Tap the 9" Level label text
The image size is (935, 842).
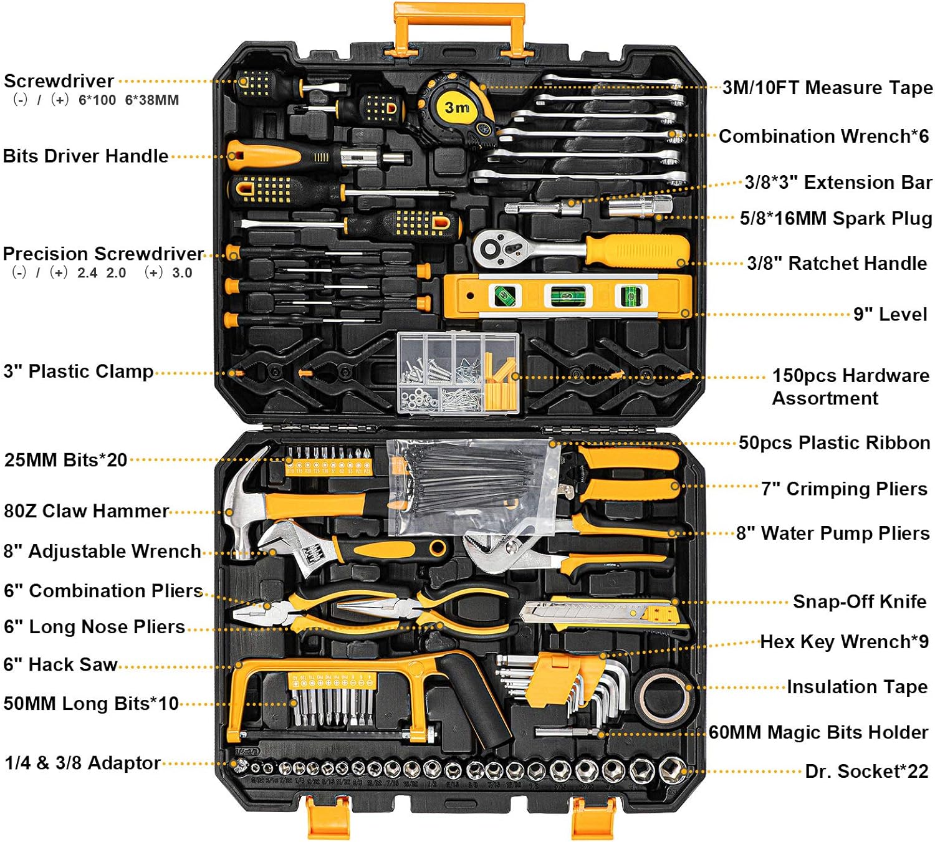pyautogui.click(x=889, y=313)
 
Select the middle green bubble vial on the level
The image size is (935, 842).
pyautogui.click(x=568, y=295)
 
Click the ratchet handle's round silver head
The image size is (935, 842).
pyautogui.click(x=494, y=249)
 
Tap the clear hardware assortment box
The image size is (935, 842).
pyautogui.click(x=458, y=373)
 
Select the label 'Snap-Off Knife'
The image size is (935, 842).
pyautogui.click(x=860, y=601)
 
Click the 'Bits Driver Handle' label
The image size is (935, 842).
pyautogui.click(x=85, y=156)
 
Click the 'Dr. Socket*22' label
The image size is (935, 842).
pyautogui.click(x=866, y=771)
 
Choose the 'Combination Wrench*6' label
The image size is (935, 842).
pyautogui.click(x=823, y=136)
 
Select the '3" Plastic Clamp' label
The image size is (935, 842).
pyautogui.click(x=79, y=371)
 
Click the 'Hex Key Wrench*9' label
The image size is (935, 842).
pyautogui.click(x=844, y=642)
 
